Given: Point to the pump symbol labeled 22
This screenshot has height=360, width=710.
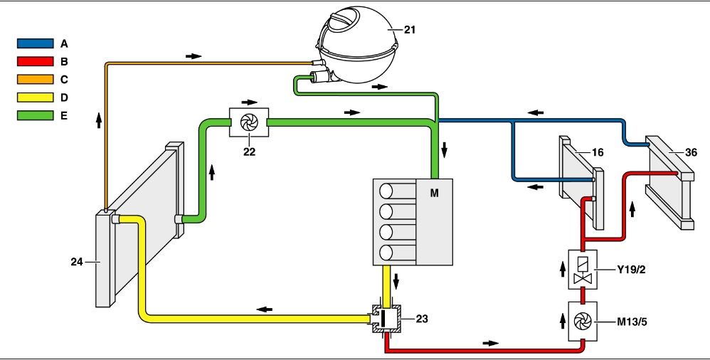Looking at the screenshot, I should (x=248, y=122).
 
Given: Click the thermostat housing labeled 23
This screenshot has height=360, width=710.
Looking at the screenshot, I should (x=385, y=318).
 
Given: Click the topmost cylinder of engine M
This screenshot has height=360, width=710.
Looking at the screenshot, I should (x=388, y=191).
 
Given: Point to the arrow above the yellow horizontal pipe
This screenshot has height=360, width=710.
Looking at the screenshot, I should (x=264, y=309).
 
